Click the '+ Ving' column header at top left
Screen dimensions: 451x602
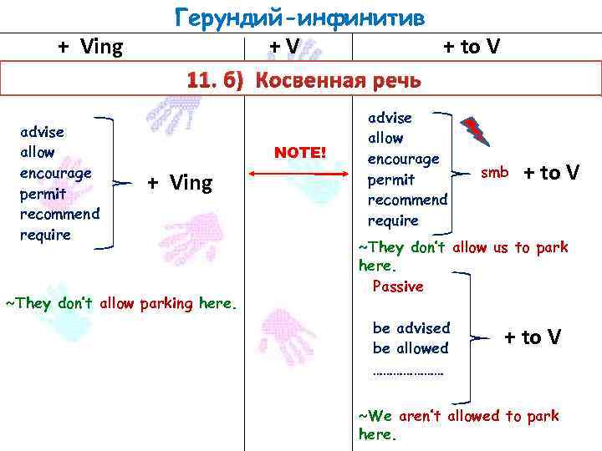[x=90, y=47]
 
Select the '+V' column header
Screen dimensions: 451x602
[x=284, y=47]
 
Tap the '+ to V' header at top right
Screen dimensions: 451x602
[x=471, y=47]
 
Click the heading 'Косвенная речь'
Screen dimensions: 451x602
[x=338, y=81]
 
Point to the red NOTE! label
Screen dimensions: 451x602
[x=300, y=152]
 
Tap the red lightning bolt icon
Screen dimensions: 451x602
[x=475, y=129]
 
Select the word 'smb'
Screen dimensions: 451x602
[x=494, y=173]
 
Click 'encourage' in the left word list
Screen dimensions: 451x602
[x=57, y=173]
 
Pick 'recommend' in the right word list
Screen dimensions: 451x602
[x=407, y=200]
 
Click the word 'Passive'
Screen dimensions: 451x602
[x=397, y=286]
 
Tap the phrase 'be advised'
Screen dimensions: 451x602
[x=411, y=327]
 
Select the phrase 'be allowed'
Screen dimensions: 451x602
[x=410, y=347]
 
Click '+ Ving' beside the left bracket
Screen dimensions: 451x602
[x=180, y=183]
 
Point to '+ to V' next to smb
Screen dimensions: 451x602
[x=551, y=173]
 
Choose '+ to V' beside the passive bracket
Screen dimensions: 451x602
[x=532, y=337]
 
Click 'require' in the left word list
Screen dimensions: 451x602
[x=45, y=235]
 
